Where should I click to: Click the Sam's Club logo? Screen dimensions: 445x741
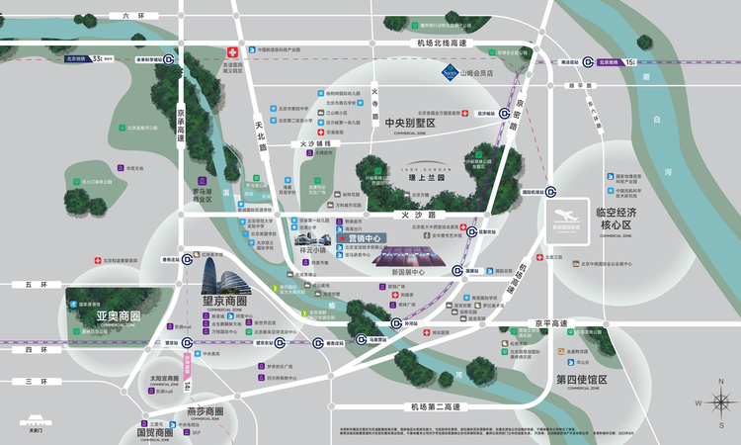click(x=450, y=71)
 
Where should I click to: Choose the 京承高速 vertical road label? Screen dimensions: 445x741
click(x=181, y=128)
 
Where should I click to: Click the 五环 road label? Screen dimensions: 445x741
click(x=37, y=285)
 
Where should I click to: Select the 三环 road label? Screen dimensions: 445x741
click(x=37, y=381)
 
